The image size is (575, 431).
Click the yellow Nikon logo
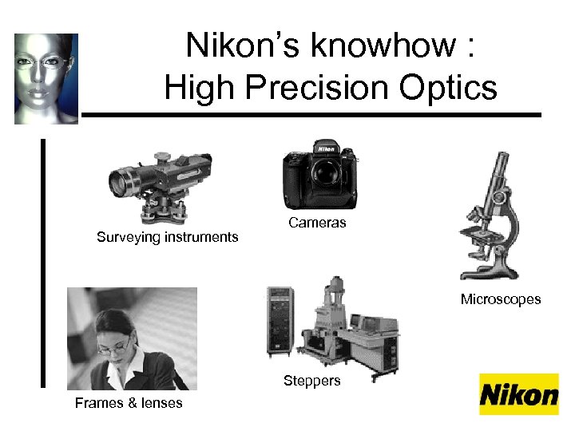(518, 394)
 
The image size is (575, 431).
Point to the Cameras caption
(317, 223)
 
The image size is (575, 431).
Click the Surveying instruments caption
(167, 236)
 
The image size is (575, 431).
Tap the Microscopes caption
(500, 299)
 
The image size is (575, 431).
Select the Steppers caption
(311, 381)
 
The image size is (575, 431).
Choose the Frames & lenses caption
(129, 403)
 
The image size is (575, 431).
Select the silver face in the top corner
(46, 78)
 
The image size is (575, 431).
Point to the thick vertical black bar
(43, 263)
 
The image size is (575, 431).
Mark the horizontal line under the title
(311, 115)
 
